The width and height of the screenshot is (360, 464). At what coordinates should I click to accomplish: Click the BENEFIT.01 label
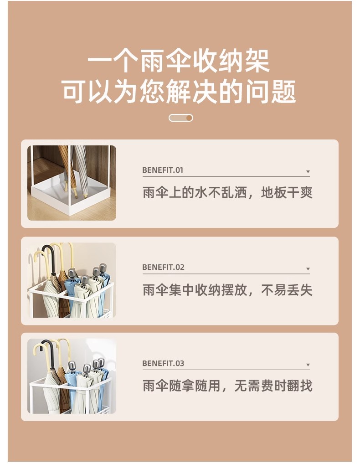tap(163, 170)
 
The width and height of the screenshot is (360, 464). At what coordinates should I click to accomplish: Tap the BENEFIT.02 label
tap(163, 267)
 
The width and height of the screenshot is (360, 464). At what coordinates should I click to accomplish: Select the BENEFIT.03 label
tap(163, 363)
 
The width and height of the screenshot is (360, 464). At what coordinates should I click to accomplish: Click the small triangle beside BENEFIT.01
tap(308, 172)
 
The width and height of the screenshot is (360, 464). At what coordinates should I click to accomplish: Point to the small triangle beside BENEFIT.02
tap(308, 269)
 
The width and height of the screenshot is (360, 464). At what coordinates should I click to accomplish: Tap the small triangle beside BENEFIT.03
tap(308, 365)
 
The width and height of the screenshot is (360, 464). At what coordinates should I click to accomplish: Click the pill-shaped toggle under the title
tap(181, 118)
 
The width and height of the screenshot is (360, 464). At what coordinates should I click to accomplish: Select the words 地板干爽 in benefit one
tap(287, 193)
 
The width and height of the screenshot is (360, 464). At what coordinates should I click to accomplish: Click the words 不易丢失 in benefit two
tap(287, 290)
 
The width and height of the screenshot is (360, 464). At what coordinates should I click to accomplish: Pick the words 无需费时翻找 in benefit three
tap(273, 386)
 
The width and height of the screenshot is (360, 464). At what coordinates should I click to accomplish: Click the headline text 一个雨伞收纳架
tap(179, 62)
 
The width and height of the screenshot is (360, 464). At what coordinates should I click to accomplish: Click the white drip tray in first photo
tap(71, 195)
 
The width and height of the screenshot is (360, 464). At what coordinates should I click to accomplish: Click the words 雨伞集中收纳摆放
tap(195, 290)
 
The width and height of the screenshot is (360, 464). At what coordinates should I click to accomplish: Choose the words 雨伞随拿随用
tap(182, 386)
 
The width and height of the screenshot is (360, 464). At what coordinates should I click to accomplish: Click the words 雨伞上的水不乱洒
tap(195, 193)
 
